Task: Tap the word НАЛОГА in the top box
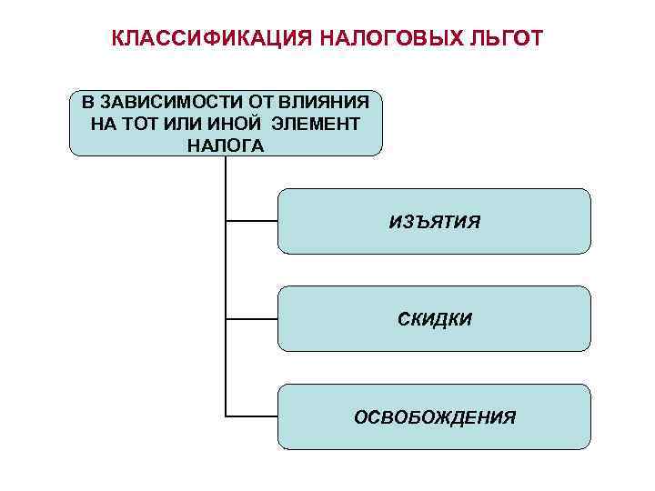225,145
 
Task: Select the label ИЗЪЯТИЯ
434,222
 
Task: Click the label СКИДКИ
434,319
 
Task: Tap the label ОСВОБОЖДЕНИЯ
434,417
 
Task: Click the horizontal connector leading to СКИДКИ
251,319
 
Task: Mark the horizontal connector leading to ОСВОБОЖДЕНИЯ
251,416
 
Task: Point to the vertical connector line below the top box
225,273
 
